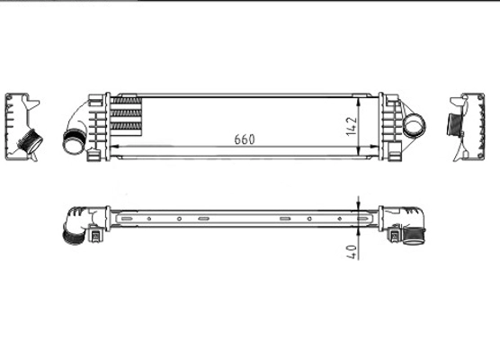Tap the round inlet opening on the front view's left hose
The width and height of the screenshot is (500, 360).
coord(71,141)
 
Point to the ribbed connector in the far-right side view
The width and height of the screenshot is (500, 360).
coord(454,124)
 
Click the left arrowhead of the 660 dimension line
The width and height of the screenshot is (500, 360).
coord(113,148)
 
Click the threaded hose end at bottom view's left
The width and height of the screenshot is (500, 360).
coord(69,236)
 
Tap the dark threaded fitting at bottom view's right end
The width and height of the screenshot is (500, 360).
coord(414,237)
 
